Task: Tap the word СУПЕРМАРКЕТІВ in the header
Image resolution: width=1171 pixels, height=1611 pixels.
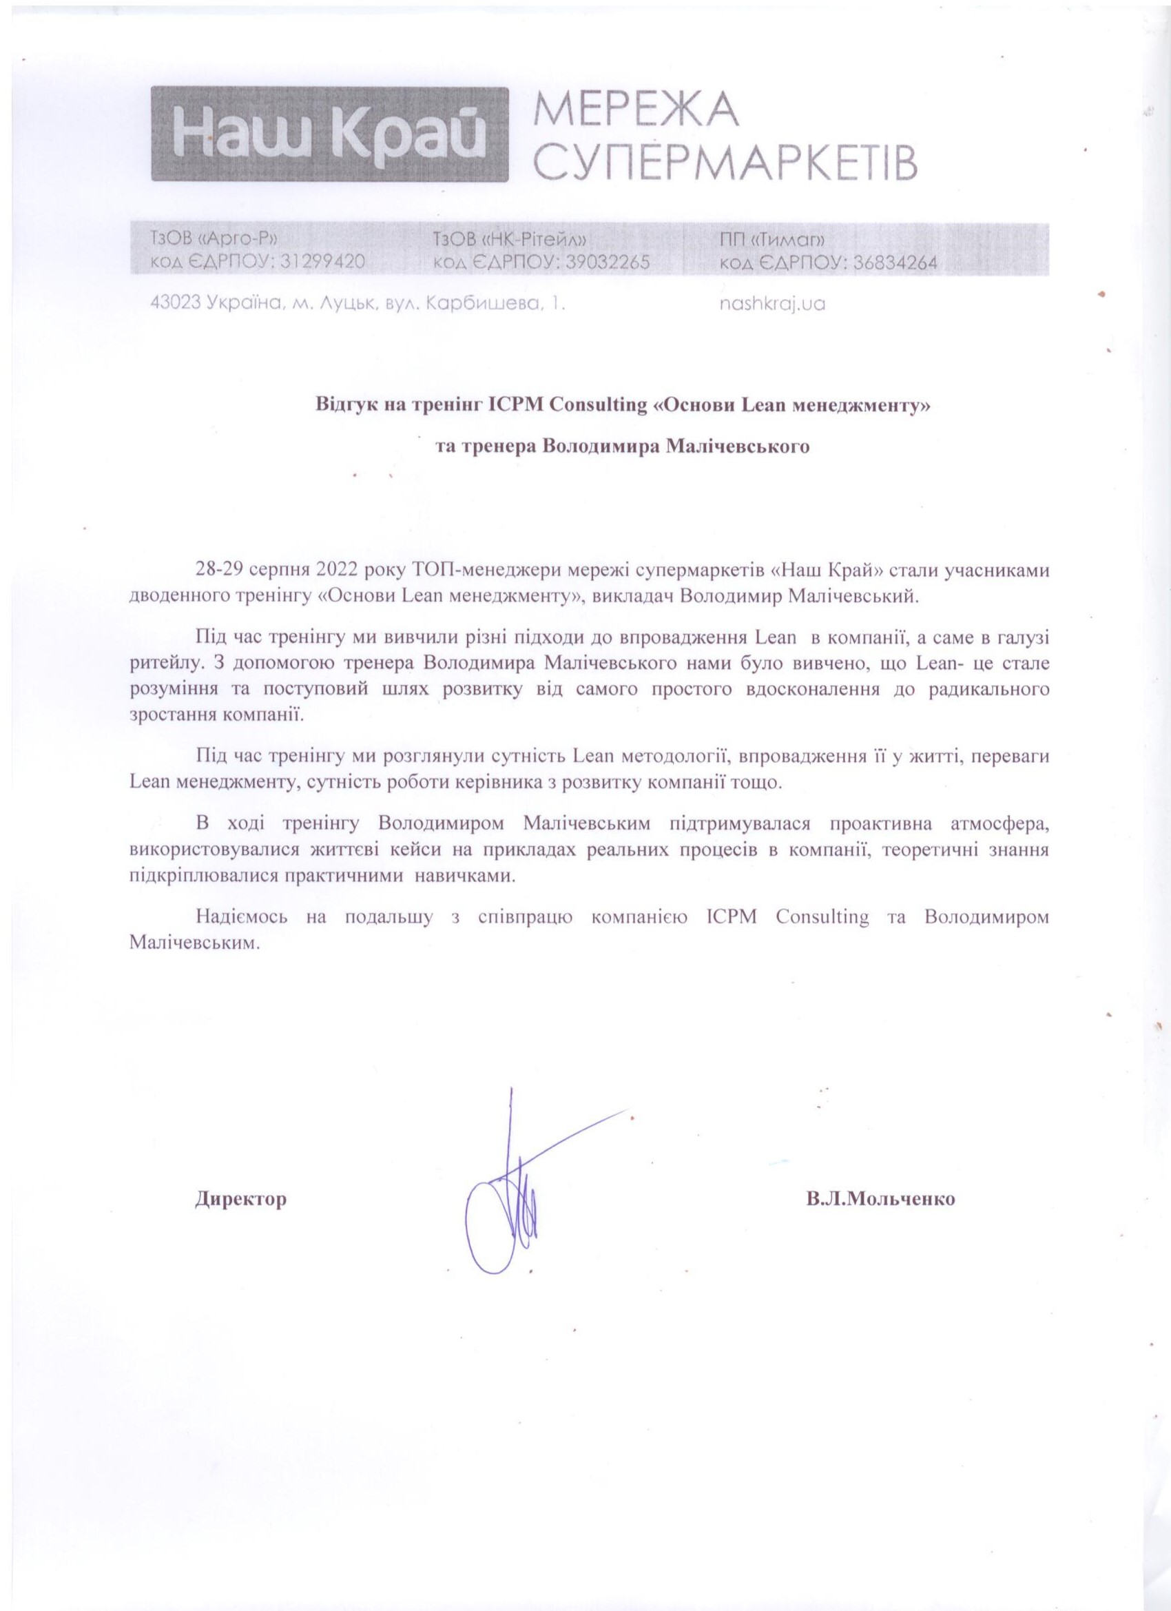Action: click(x=725, y=163)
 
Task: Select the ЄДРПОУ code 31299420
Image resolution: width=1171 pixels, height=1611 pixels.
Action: click(x=322, y=262)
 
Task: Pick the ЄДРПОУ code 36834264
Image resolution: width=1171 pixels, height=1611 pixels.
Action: click(x=893, y=262)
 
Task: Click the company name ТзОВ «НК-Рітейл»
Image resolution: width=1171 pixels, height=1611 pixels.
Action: click(x=509, y=238)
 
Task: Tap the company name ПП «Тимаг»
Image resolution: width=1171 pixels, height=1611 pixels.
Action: click(x=771, y=238)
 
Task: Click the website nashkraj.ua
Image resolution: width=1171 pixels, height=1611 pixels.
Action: click(x=772, y=304)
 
